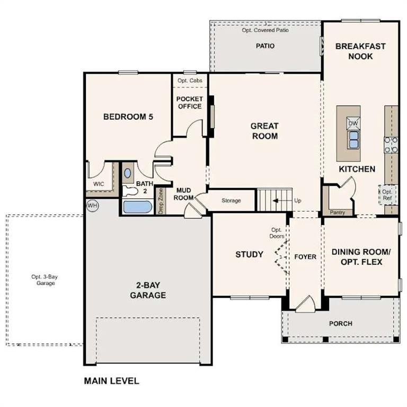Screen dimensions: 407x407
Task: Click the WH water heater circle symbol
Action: tap(92, 205)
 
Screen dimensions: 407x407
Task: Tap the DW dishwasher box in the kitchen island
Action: tap(353, 123)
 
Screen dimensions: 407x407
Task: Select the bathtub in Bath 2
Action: tap(137, 206)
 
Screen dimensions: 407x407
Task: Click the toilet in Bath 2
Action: tap(129, 190)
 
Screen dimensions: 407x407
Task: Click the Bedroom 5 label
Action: tap(128, 117)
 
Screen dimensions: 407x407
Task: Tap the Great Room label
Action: tap(264, 131)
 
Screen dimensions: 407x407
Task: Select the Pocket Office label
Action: tap(189, 103)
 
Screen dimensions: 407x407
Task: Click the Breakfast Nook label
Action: tap(360, 51)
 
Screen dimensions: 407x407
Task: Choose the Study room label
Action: tap(249, 254)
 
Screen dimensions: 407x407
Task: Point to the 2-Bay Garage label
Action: tap(148, 290)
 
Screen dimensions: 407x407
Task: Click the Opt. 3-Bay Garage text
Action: tap(43, 280)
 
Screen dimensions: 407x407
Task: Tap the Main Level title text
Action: tap(112, 381)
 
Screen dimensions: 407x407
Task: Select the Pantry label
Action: tap(337, 213)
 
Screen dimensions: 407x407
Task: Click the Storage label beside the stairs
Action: tap(231, 200)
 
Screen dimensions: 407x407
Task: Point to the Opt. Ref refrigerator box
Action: tap(387, 195)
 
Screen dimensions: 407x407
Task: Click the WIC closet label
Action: tap(99, 184)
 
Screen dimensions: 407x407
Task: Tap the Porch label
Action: tap(340, 323)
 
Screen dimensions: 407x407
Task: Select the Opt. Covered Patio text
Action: tap(265, 30)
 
